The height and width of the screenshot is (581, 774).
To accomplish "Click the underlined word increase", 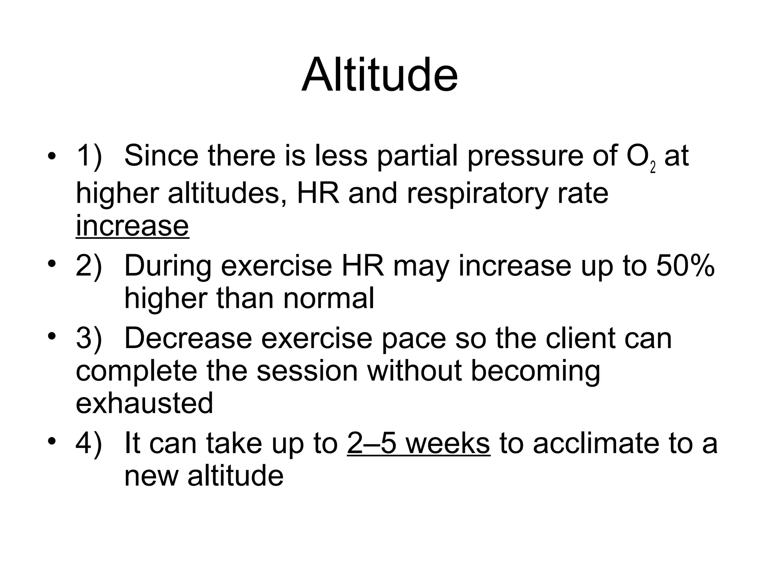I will coord(132,226).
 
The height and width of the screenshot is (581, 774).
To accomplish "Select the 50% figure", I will coord(685,266).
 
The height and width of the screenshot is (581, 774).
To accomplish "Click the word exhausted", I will coord(144,403).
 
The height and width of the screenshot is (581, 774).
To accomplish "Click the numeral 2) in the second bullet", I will coord(89,266).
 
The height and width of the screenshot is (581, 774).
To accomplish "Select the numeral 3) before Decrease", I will coord(89,338).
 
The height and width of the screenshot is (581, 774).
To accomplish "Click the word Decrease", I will coord(188,338).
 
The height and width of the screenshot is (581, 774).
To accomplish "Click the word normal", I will coord(328,298).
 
